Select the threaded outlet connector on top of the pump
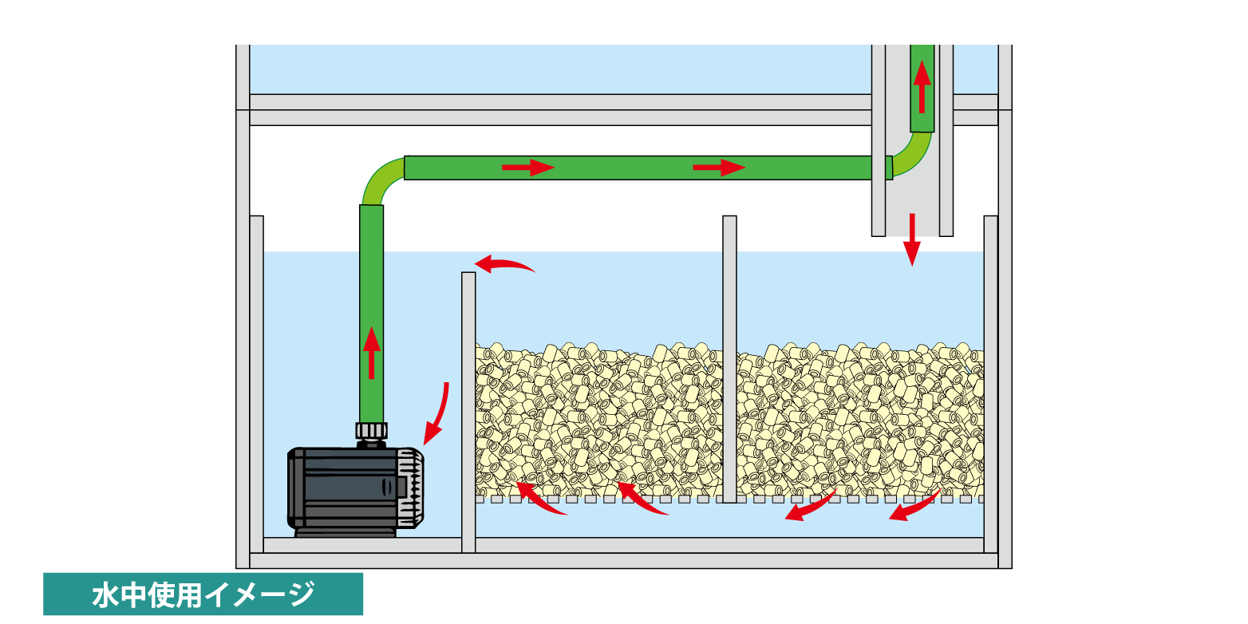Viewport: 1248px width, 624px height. pyautogui.click(x=371, y=432)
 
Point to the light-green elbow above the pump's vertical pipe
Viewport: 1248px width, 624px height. pyautogui.click(x=381, y=181)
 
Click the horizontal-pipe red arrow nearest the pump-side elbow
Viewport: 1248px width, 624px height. pyautogui.click(x=527, y=168)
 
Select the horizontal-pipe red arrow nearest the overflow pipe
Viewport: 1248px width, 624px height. pyautogui.click(x=718, y=168)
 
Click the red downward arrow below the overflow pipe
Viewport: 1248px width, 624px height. pyautogui.click(x=911, y=240)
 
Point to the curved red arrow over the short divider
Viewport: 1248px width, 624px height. pyautogui.click(x=504, y=264)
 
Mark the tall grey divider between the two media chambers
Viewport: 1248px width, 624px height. pyautogui.click(x=729, y=359)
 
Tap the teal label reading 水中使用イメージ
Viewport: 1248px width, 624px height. pyautogui.click(x=203, y=594)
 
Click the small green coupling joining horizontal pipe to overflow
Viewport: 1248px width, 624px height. pyautogui.click(x=888, y=168)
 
